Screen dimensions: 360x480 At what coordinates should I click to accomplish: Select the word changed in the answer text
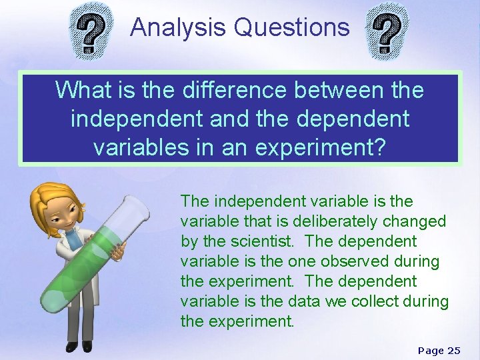pyautogui.click(x=415, y=221)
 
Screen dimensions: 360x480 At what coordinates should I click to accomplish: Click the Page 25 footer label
pyautogui.click(x=439, y=351)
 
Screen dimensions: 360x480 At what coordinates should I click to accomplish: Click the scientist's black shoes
pyautogui.click(x=78, y=346)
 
